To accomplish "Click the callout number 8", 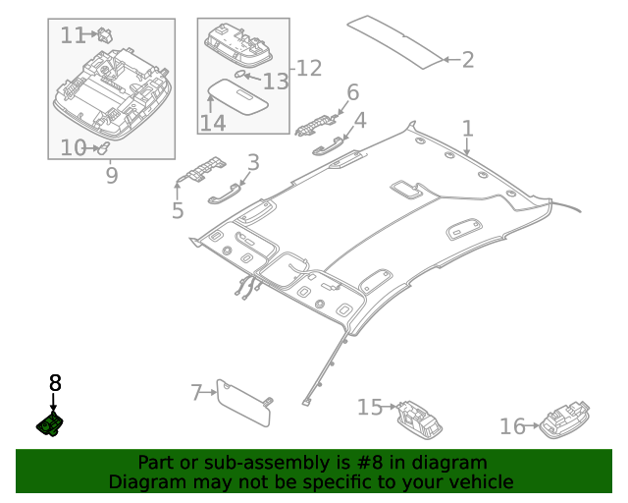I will click(x=55, y=383).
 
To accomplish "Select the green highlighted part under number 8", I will click(x=51, y=423).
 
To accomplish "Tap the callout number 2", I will click(x=467, y=60).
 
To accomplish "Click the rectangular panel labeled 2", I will click(x=398, y=40).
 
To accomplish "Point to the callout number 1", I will click(x=468, y=129).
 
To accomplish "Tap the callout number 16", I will click(x=512, y=426).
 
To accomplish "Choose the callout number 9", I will click(x=111, y=176).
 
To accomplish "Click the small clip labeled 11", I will click(x=103, y=34).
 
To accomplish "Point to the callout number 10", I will click(x=73, y=148).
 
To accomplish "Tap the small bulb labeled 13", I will click(x=240, y=75).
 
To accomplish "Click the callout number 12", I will click(x=309, y=68).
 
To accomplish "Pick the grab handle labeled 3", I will click(x=224, y=194).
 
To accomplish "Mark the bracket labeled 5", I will click(x=201, y=171).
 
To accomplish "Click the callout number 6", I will click(x=352, y=93).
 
